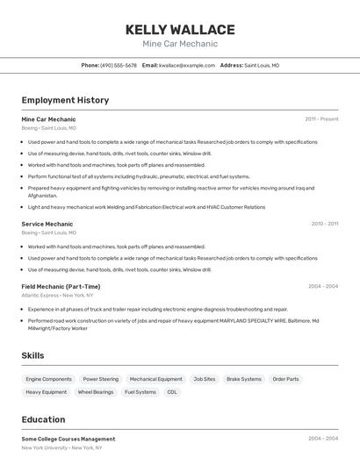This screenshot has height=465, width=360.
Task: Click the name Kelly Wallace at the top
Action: point(180,30)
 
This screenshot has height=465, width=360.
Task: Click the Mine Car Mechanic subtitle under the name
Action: point(180,44)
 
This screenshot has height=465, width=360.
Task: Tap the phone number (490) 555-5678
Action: point(119,65)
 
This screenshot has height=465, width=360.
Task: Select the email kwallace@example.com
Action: point(187,65)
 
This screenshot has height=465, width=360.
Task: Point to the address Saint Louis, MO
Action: point(262,65)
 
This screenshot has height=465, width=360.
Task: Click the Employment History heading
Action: point(65,100)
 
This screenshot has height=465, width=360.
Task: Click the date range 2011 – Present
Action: point(321,118)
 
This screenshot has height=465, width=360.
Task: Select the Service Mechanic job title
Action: point(47,224)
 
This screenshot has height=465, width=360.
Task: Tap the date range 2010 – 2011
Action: point(324,224)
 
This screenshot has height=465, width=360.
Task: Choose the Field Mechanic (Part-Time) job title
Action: point(61,286)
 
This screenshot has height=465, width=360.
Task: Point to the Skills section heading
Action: point(33,355)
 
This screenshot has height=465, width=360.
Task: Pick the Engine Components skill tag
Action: point(49,379)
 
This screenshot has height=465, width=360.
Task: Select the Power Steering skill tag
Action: point(101,379)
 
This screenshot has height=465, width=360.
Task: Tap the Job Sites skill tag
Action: point(205,379)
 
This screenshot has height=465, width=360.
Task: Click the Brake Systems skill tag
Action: point(244,379)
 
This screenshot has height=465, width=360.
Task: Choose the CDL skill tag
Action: point(172,392)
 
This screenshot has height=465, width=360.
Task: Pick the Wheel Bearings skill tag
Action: point(96,392)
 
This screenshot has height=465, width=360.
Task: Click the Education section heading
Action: point(43,419)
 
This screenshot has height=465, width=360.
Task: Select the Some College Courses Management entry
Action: point(68,439)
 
